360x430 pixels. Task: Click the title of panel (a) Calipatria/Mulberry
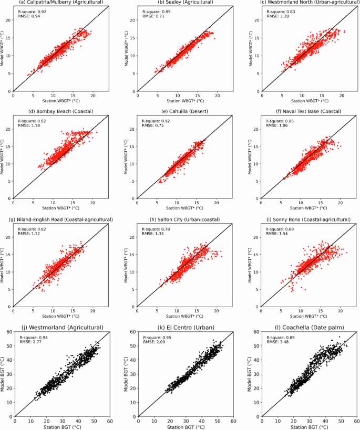tap(60, 3)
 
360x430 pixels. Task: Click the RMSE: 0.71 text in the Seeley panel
tap(153, 16)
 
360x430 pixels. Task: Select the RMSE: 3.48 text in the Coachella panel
tap(277, 342)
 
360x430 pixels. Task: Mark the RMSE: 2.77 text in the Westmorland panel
tap(30, 342)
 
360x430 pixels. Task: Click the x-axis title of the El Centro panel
tap(184, 426)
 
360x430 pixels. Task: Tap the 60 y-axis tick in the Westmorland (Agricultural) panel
tap(10, 332)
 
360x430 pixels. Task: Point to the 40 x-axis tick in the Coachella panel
tap(324, 420)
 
